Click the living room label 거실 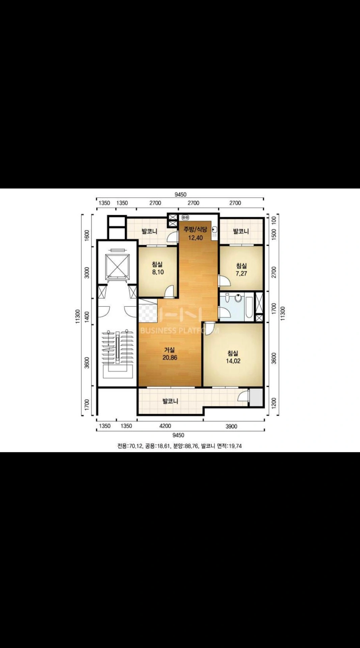pos(170,350)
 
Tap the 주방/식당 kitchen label pos(195,230)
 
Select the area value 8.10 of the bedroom pos(158,272)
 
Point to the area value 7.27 pos(241,273)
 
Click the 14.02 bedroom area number pos(233,361)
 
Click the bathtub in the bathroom pos(249,307)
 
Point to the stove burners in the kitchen pos(185,218)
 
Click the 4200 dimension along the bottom pos(165,426)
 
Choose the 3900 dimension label pos(231,426)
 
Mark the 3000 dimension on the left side pos(87,272)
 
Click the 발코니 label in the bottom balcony pos(170,401)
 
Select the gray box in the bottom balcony pos(256,397)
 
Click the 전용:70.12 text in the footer pos(130,446)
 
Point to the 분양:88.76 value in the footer pos(185,446)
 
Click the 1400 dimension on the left pos(87,316)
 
